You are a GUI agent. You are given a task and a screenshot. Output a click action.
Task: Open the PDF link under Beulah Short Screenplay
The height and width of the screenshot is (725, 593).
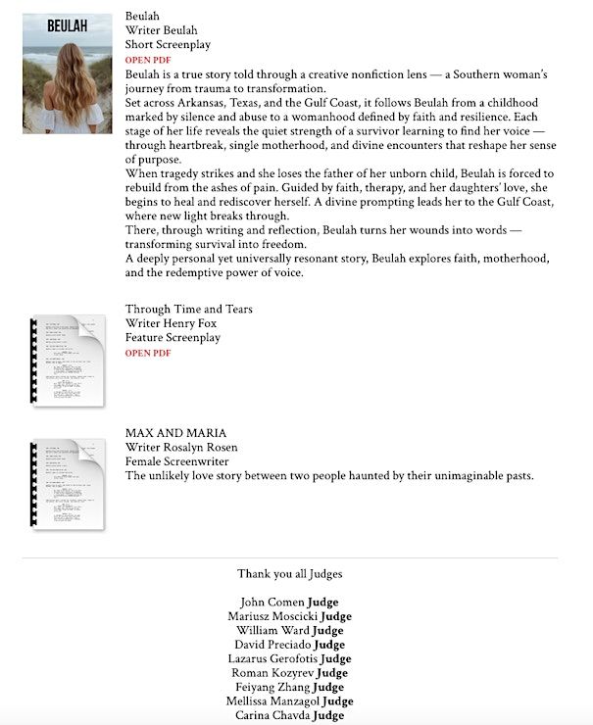pos(148,60)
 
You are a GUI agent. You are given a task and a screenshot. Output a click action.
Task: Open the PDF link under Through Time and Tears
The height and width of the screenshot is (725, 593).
pos(148,353)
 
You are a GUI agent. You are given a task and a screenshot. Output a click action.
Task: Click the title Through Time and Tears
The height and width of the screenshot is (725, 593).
pos(188,310)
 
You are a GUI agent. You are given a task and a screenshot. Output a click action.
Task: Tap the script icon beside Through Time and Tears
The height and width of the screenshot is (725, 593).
pos(69,360)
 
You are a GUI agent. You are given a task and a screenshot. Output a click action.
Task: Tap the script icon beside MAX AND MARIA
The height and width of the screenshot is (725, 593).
pos(69,485)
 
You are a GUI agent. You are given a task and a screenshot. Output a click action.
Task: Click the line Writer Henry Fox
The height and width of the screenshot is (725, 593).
pos(172,323)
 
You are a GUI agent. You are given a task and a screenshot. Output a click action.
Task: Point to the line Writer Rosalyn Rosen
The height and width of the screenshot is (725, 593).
pos(181,448)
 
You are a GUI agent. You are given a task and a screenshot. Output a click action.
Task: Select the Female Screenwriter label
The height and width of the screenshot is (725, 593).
pos(176,461)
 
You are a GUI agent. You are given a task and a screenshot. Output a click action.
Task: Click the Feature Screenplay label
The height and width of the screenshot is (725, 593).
pos(173,338)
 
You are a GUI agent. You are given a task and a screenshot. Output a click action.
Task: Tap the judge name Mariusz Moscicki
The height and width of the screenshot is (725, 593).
pos(267,616)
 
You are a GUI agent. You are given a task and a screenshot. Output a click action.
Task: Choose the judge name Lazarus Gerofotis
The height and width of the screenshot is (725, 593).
pos(270,659)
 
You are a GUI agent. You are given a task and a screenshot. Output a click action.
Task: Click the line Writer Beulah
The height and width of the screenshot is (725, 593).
pos(156,30)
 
